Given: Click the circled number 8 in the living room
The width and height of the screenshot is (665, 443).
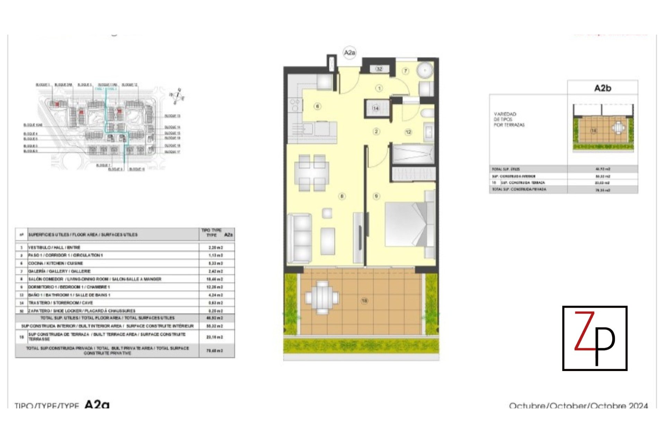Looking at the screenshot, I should (x=342, y=196).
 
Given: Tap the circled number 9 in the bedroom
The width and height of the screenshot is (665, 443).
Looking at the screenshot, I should (x=376, y=196).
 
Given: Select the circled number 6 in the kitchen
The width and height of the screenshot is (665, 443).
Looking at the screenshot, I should (x=317, y=106).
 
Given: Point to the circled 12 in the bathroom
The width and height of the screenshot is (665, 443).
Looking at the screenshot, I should (x=408, y=132).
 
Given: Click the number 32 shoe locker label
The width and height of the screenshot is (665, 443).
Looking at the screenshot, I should (x=379, y=69).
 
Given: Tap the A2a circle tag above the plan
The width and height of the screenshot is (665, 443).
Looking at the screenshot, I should (x=349, y=53).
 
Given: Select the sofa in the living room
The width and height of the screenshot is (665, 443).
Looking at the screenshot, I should (x=300, y=239).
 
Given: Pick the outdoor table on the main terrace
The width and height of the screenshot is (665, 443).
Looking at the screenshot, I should (x=322, y=297).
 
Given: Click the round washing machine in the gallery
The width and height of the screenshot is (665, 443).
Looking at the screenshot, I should (x=424, y=71).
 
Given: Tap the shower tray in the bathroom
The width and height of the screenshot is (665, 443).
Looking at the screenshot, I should (x=413, y=154).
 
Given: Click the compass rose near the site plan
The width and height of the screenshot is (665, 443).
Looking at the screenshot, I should (x=177, y=96).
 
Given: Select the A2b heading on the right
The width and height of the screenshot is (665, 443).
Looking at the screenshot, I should (x=603, y=88).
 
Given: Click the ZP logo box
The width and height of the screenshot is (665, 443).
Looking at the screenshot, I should (x=595, y=338).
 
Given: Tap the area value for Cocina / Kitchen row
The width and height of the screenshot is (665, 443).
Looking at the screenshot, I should (x=215, y=263).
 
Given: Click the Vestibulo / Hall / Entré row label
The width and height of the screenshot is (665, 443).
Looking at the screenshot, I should (x=54, y=247).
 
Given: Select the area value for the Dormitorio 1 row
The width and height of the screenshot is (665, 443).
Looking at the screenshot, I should (x=215, y=287).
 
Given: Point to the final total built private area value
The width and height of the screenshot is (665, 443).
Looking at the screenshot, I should (x=215, y=351).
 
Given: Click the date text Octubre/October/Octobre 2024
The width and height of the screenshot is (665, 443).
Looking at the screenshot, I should (x=578, y=405).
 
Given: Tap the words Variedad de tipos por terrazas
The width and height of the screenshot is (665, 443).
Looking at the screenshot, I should (x=509, y=119).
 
